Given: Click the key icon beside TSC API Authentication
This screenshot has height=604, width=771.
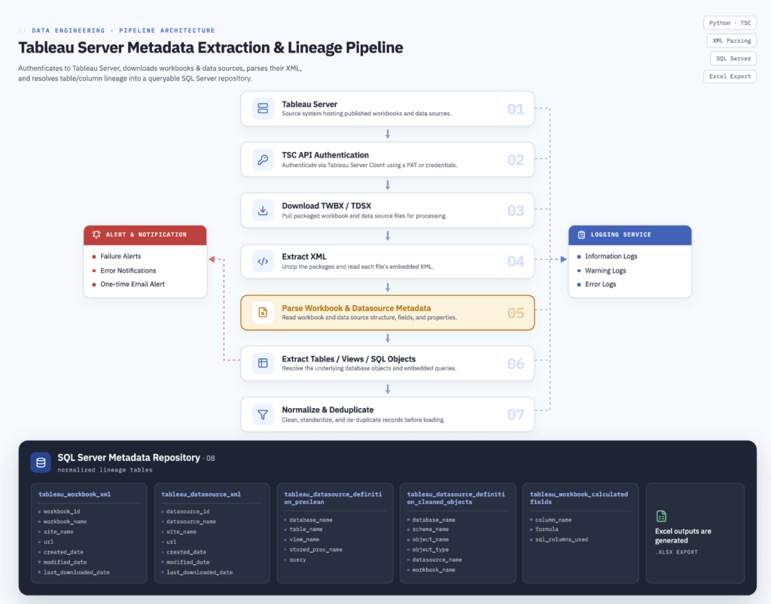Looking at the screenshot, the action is [263, 160].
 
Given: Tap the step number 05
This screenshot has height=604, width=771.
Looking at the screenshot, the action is [515, 313].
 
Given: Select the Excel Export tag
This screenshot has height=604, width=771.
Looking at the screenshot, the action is [730, 76].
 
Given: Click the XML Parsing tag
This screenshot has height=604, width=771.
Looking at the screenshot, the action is [732, 41].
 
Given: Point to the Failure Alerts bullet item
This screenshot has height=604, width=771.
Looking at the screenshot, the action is [120, 256].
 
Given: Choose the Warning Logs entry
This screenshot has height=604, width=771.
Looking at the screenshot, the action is [605, 270].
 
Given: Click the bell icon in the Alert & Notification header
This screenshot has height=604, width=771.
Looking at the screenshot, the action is [96, 235].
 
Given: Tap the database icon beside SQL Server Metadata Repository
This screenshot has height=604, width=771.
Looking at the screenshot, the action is [41, 462].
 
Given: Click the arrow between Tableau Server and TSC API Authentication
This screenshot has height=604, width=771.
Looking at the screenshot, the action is [388, 134].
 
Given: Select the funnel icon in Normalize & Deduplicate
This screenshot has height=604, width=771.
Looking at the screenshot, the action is [263, 414].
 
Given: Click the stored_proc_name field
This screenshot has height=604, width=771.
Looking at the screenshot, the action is [315, 550].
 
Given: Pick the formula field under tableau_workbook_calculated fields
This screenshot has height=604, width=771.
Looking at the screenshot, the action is [547, 529].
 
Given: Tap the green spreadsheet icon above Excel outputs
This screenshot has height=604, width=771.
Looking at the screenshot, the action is [661, 516].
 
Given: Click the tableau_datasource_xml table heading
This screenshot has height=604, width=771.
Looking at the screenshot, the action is [201, 494].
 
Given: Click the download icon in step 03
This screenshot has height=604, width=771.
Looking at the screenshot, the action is [263, 211].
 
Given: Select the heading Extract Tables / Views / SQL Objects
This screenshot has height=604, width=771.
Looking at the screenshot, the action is [349, 359].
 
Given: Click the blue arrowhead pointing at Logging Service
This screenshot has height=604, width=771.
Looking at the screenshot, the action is [563, 259].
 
